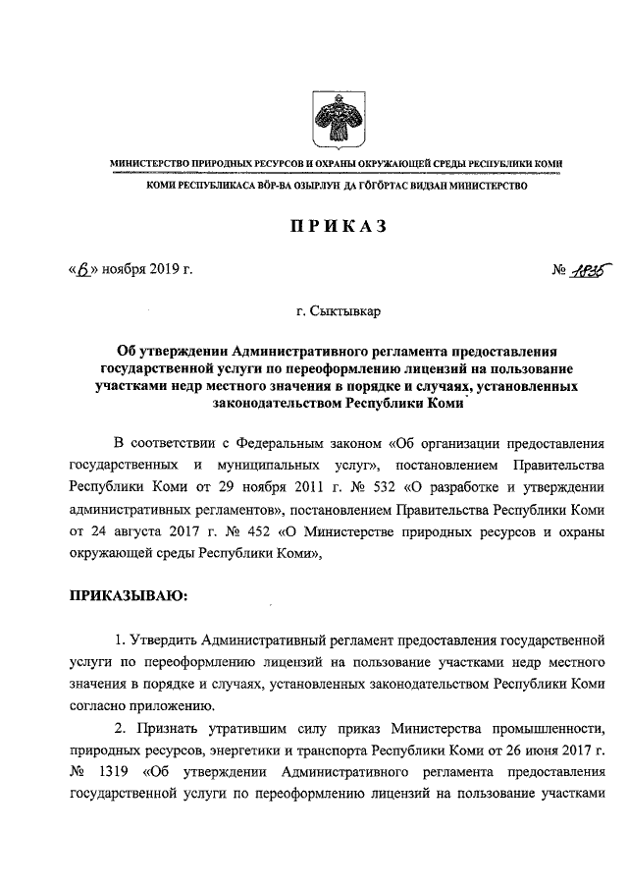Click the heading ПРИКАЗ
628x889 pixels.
point(324,227)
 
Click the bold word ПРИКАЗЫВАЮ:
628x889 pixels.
point(127,594)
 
